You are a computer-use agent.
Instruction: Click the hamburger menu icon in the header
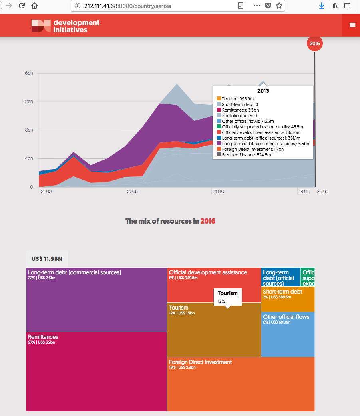tap(352, 25)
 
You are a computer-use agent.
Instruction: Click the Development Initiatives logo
tap(66, 26)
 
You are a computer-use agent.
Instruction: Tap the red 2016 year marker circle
tap(314, 44)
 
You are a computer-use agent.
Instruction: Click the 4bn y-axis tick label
tap(29, 158)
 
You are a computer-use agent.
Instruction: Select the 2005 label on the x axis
tap(132, 192)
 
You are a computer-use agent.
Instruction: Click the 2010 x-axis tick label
tap(219, 192)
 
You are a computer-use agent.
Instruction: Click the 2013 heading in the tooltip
tap(263, 91)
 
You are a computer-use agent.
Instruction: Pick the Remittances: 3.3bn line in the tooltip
tap(240, 110)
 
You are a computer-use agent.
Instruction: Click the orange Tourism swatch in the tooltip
tap(219, 98)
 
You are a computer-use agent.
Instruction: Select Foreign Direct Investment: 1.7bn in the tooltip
tap(253, 149)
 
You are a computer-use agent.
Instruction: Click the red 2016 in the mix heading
tap(208, 221)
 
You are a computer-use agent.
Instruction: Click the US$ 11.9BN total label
tap(47, 259)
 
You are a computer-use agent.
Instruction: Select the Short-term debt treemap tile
tap(288, 299)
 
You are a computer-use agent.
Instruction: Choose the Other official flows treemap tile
tap(288, 334)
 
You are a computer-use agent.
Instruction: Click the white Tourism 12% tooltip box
tap(227, 296)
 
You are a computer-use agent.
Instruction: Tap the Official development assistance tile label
tap(208, 272)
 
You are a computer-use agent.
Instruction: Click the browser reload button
tap(22, 6)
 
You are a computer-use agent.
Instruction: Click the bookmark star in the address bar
tap(279, 6)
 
